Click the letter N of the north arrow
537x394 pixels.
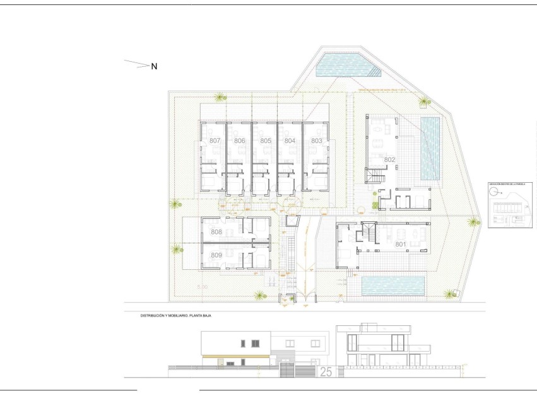click(x=154, y=66)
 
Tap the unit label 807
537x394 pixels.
click(x=215, y=141)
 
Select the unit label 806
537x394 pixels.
click(x=239, y=141)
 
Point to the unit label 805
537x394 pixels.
click(x=265, y=141)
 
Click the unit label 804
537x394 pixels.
click(x=290, y=141)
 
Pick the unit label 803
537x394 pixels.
click(x=316, y=141)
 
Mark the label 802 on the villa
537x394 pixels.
click(x=389, y=160)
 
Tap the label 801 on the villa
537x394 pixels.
click(x=400, y=243)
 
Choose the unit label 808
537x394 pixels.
click(x=216, y=232)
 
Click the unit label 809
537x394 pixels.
click(x=216, y=255)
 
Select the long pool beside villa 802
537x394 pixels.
click(x=430, y=148)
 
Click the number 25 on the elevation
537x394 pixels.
click(x=326, y=372)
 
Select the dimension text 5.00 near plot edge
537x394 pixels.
click(x=202, y=287)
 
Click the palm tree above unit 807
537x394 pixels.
click(x=220, y=96)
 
